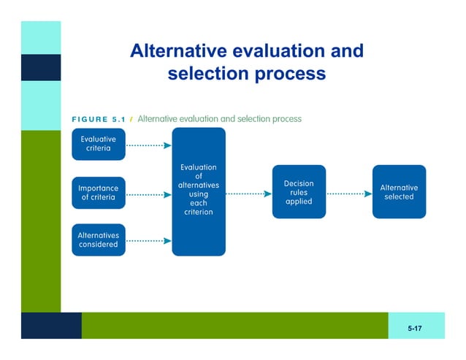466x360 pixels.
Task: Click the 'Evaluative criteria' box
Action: click(x=99, y=144)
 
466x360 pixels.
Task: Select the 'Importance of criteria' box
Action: click(x=99, y=193)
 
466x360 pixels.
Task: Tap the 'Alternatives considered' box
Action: click(x=99, y=240)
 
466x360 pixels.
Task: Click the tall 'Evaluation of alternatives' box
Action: click(x=199, y=191)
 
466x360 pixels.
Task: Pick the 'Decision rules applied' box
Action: click(x=299, y=192)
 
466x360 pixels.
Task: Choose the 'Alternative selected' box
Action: click(x=399, y=192)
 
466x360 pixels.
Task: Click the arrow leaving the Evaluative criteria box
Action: click(x=149, y=145)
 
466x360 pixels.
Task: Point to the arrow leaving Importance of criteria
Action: click(x=149, y=195)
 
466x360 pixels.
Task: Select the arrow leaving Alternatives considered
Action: click(x=149, y=241)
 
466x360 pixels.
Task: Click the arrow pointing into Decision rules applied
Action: click(x=248, y=194)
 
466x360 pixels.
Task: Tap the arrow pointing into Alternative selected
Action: click(x=348, y=194)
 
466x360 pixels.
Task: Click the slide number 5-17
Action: click(x=415, y=329)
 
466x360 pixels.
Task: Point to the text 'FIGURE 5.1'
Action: click(x=98, y=120)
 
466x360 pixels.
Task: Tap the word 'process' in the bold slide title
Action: click(x=289, y=74)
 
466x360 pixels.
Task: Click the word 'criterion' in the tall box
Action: click(x=199, y=212)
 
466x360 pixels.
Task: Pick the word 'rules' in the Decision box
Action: click(x=299, y=193)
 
